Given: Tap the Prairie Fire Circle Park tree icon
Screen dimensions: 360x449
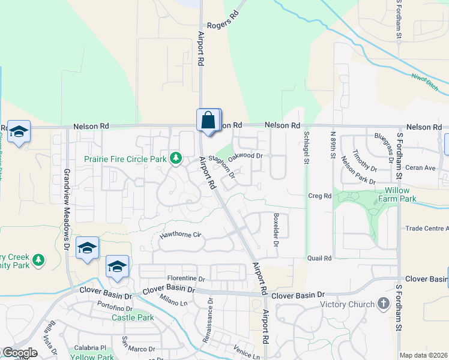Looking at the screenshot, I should (176, 158).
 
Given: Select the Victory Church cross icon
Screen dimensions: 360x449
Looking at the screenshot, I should (384, 304).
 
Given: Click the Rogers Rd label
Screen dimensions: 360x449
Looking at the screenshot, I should (219, 26).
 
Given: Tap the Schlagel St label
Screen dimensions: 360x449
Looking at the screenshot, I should (306, 148).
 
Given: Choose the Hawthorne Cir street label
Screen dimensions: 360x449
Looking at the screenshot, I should (179, 235).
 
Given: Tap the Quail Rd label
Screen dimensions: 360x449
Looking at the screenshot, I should (319, 258).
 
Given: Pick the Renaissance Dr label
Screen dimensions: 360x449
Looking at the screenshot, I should (210, 316).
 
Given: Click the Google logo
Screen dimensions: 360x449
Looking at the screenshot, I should (19, 353).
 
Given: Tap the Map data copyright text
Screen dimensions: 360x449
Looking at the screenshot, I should (423, 355).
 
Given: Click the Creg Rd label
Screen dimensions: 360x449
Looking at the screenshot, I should (319, 196).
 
